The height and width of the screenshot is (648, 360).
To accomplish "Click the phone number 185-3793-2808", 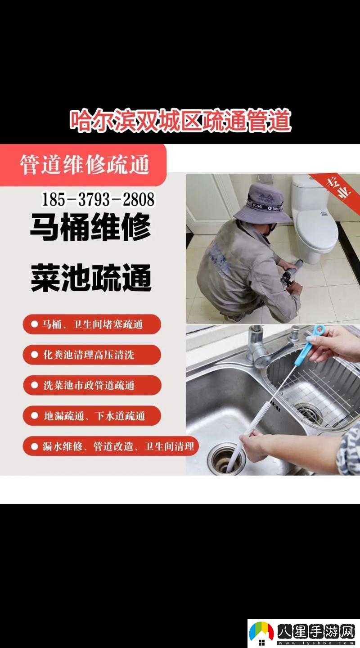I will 98,199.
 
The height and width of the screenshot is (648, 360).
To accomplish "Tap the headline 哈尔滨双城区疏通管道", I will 180,121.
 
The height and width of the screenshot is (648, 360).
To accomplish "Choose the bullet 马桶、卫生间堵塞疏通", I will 92,324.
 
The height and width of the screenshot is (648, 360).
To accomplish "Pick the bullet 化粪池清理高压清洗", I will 92,355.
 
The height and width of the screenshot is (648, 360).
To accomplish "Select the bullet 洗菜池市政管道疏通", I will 92,385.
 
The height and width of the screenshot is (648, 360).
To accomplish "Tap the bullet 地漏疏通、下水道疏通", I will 92,416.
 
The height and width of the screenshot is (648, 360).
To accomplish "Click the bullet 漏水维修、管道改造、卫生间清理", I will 111,446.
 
